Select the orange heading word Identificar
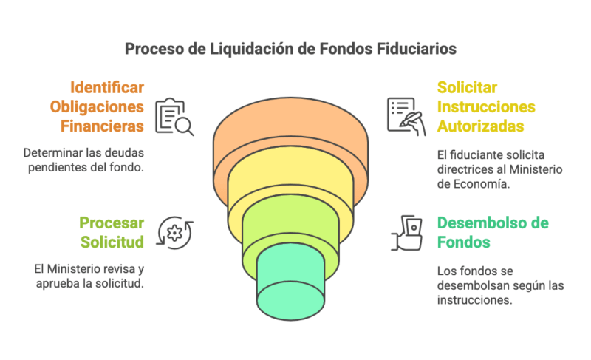(x=107, y=86)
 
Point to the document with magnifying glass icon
(x=174, y=117)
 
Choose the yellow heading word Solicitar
(x=468, y=86)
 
